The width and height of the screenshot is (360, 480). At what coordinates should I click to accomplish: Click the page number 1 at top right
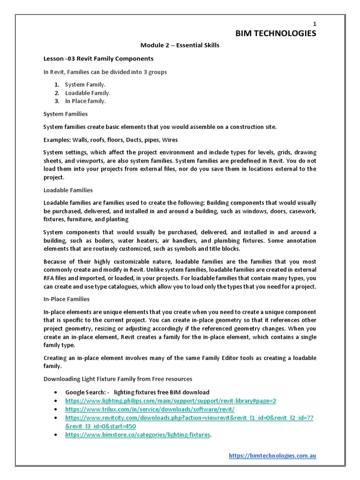(x=315, y=24)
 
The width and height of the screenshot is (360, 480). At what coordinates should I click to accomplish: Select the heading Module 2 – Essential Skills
(x=180, y=45)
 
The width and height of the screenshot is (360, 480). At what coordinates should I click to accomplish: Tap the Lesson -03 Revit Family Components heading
(x=98, y=59)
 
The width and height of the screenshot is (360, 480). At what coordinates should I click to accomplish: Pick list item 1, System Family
(x=85, y=84)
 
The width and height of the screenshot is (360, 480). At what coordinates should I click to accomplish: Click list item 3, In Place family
(x=85, y=101)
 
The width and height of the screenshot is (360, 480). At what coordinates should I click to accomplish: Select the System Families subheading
(x=65, y=114)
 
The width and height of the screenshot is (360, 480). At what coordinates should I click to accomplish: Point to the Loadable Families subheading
(x=68, y=190)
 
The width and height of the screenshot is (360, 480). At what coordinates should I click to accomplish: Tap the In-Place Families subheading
(x=66, y=299)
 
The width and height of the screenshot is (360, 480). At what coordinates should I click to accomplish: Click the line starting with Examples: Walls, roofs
(x=110, y=140)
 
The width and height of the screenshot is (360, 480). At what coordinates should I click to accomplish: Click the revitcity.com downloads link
(x=189, y=418)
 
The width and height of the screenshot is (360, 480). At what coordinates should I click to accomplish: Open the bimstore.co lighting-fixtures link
(x=137, y=435)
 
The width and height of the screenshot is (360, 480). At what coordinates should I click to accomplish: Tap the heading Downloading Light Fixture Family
(x=117, y=379)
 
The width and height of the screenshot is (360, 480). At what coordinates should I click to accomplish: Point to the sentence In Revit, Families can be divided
(x=105, y=72)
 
